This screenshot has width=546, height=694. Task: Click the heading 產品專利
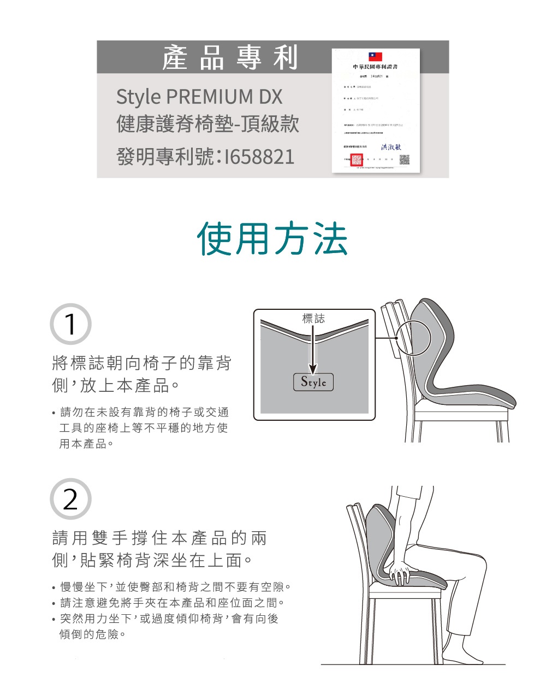[x=230, y=58]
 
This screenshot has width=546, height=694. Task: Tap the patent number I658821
[x=206, y=157]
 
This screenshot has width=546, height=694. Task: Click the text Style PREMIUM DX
[x=199, y=97]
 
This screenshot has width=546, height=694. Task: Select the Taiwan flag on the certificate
[x=375, y=57]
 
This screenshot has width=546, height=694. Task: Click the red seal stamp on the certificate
[x=357, y=160]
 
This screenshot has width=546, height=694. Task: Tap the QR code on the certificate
[x=404, y=160]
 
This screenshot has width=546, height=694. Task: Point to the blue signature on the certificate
[x=391, y=146]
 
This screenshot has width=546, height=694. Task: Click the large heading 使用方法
[x=272, y=239]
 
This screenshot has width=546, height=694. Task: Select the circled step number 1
[x=70, y=324]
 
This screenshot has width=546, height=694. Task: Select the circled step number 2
[x=70, y=499]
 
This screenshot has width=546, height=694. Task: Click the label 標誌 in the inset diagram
[x=313, y=319]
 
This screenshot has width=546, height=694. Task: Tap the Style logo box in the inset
[x=313, y=382]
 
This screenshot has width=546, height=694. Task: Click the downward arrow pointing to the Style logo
[x=313, y=350]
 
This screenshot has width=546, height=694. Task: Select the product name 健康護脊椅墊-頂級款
[x=207, y=125]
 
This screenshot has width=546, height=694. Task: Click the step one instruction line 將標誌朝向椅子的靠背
[x=141, y=363]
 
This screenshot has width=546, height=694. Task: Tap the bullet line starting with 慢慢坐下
[x=175, y=587]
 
